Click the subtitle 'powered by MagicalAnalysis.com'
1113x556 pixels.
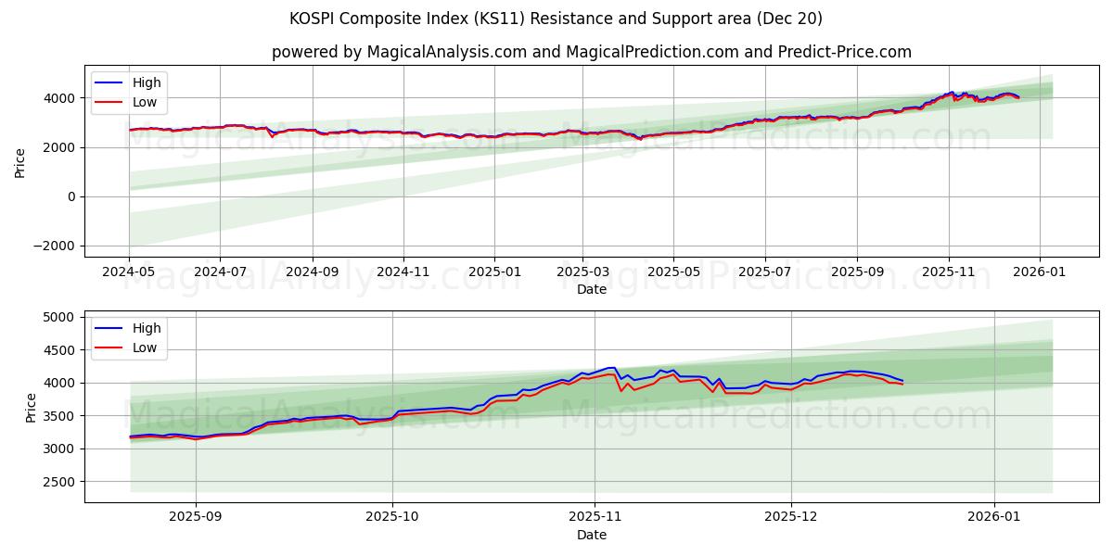coord(591,52)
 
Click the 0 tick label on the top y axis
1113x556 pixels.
coord(71,196)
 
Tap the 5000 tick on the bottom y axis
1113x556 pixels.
coord(60,317)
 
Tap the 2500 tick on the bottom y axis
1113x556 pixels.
coord(60,482)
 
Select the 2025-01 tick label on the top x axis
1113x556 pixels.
coord(493,272)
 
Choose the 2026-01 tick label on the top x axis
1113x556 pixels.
coord(1039,272)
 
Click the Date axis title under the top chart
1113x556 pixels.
coord(591,289)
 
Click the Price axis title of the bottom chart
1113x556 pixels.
coord(31,406)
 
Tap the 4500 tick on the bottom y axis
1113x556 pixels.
coord(60,350)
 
